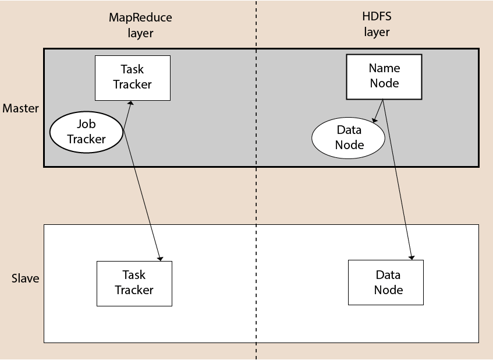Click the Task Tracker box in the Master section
click(x=132, y=77)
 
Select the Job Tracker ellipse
click(x=86, y=131)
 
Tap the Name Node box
click(x=384, y=76)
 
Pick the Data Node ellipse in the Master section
click(x=349, y=137)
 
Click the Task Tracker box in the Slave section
click(x=134, y=283)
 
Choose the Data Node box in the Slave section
click(x=385, y=283)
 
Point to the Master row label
click(x=20, y=108)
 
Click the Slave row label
click(x=26, y=278)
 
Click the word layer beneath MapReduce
click(x=140, y=33)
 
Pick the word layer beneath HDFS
click(x=377, y=33)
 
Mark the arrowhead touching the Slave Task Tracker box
click(x=159, y=257)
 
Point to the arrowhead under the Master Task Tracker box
click(x=130, y=103)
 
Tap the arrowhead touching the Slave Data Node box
click(x=412, y=256)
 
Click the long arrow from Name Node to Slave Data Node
click(x=399, y=181)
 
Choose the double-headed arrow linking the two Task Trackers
click(x=144, y=181)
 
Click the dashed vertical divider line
click(x=256, y=198)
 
